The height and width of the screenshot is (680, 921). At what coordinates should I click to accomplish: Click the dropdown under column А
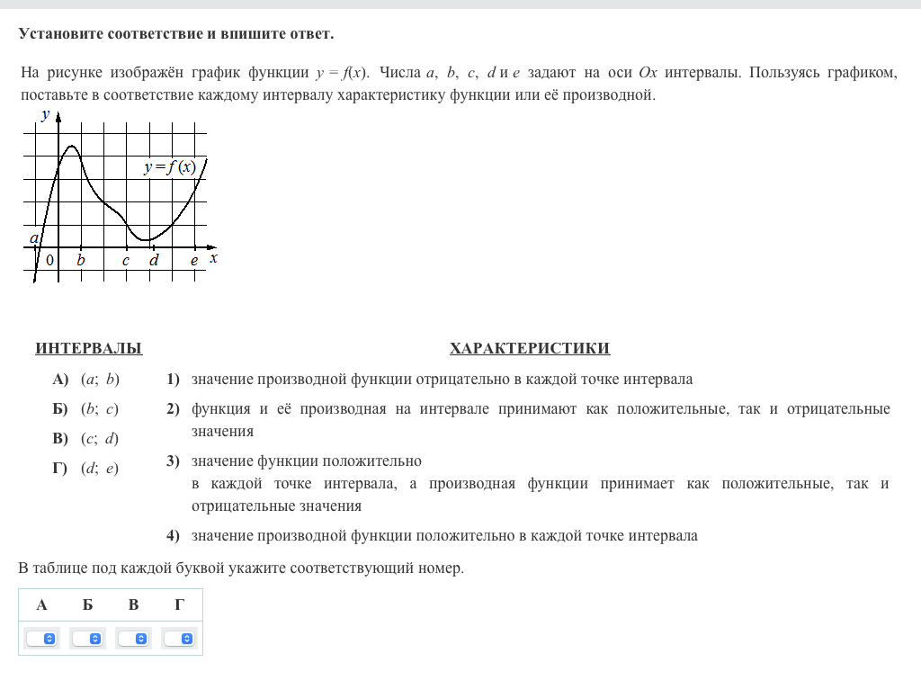coord(41,638)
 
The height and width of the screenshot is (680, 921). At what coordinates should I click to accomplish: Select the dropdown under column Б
coord(87,638)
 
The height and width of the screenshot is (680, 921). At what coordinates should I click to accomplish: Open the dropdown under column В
coord(133,638)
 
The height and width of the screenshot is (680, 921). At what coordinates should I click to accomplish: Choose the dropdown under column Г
coord(179,638)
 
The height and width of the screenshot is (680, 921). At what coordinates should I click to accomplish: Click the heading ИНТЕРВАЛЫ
coord(88,349)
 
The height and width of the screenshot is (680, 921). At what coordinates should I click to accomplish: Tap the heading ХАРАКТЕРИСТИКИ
coord(529,349)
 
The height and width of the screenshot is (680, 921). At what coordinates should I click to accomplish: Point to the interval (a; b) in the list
coord(100,380)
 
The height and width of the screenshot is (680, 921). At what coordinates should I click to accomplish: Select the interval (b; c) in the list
coord(100,409)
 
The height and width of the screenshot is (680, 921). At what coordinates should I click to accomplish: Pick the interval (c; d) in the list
coord(100,439)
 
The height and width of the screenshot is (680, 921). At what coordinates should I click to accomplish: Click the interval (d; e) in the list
coord(100,469)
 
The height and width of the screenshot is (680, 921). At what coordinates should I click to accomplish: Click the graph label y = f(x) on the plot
coord(170,167)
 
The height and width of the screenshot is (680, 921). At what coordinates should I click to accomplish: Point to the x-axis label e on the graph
coord(193,261)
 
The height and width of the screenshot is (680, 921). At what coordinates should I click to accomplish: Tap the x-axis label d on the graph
coord(154,261)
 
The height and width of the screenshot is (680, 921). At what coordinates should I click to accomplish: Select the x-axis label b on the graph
coord(81,261)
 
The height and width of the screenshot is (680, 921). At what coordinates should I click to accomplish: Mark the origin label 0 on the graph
coord(49,261)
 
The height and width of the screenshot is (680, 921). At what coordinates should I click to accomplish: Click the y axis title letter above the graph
coord(44,114)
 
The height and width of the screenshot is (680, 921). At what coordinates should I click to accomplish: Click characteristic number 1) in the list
coord(173,380)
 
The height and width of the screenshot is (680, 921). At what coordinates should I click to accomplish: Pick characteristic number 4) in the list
coord(173,536)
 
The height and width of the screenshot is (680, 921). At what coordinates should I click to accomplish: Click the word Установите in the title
coord(60,34)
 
